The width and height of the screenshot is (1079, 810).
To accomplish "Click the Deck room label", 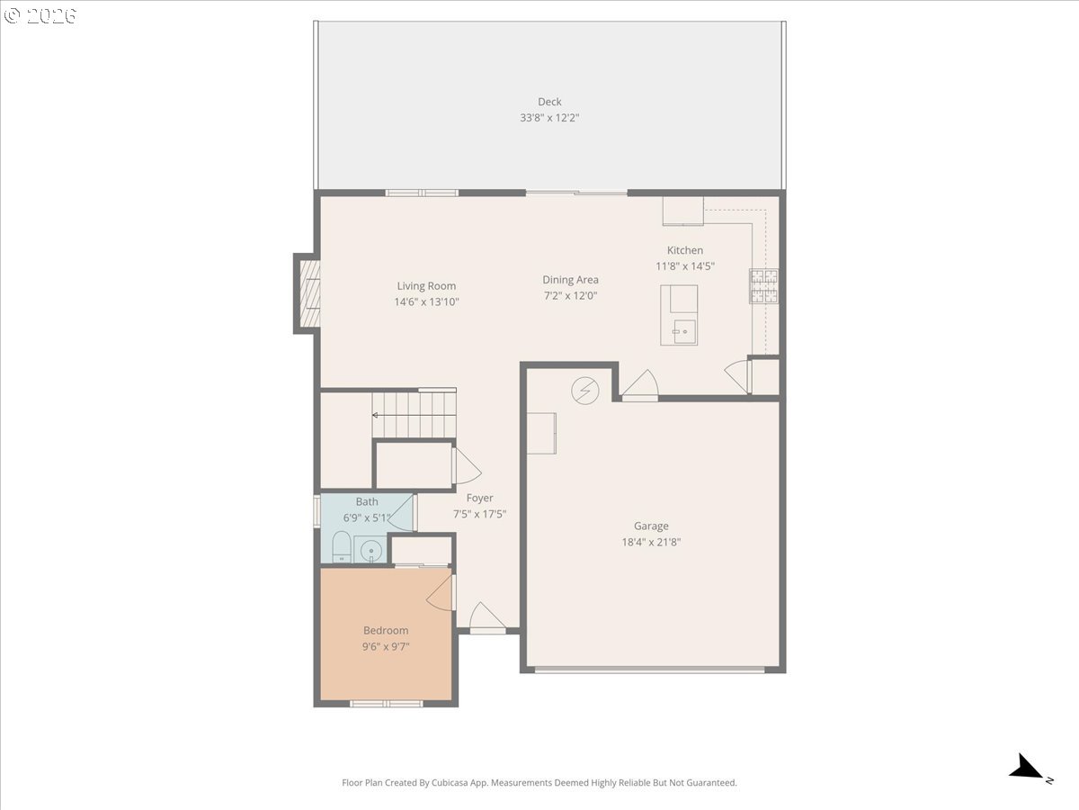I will pyautogui.click(x=549, y=102).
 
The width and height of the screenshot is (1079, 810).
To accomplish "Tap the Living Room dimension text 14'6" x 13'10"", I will pyautogui.click(x=426, y=302).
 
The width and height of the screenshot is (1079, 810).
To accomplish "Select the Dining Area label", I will pyautogui.click(x=570, y=280).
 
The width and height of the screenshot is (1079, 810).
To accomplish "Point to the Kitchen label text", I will pyautogui.click(x=685, y=250).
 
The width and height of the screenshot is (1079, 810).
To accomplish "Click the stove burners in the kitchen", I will pyautogui.click(x=763, y=285).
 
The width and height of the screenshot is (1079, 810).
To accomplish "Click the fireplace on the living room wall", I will pyautogui.click(x=308, y=292).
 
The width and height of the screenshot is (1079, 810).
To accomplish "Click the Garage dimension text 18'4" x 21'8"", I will pyautogui.click(x=651, y=542).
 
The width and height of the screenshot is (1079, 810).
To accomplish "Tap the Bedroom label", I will pyautogui.click(x=386, y=631).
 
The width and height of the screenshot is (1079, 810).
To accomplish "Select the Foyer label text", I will pyautogui.click(x=479, y=498).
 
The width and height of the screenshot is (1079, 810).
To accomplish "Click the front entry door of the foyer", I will pyautogui.click(x=487, y=619).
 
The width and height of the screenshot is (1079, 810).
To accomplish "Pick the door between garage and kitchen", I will pyautogui.click(x=640, y=385).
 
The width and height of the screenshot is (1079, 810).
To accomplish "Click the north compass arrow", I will pyautogui.click(x=1026, y=768).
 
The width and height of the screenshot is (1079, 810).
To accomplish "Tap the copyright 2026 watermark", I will pyautogui.click(x=40, y=16).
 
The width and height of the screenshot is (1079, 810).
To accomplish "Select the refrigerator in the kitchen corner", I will pyautogui.click(x=683, y=211).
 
